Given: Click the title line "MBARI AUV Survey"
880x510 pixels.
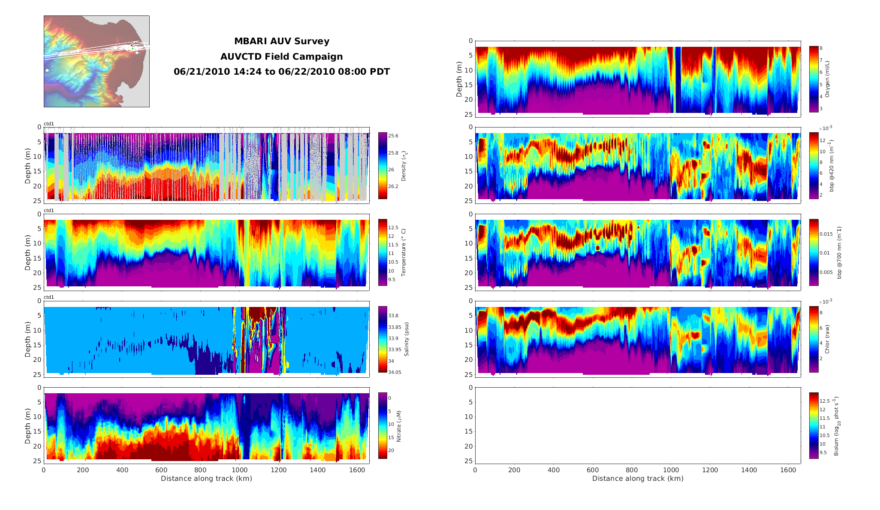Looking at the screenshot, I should [281, 41].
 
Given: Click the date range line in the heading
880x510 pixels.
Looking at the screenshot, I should [281, 72].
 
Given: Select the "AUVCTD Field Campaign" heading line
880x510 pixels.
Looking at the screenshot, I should [281, 57].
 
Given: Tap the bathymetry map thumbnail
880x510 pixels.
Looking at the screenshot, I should [96, 61].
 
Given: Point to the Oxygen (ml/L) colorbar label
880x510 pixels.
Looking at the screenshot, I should [827, 79].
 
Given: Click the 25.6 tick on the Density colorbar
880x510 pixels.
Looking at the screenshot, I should [393, 136].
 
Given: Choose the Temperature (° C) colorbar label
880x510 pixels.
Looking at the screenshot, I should [404, 252].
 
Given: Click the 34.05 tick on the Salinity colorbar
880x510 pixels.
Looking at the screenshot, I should [395, 372].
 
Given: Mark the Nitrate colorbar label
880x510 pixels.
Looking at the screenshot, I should [399, 426].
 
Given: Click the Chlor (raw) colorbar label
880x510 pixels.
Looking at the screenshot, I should [827, 339].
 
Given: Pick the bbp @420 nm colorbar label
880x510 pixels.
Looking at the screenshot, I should [832, 165].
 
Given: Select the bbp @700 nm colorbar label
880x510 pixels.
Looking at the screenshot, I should [839, 252].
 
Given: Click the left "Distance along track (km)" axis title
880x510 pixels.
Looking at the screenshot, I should [206, 479].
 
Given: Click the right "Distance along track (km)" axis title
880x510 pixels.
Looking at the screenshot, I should [638, 479].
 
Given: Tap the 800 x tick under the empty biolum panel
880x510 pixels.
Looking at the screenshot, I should [632, 470].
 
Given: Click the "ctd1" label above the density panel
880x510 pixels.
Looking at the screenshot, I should [49, 124].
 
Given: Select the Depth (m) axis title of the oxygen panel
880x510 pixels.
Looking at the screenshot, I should [459, 79].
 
